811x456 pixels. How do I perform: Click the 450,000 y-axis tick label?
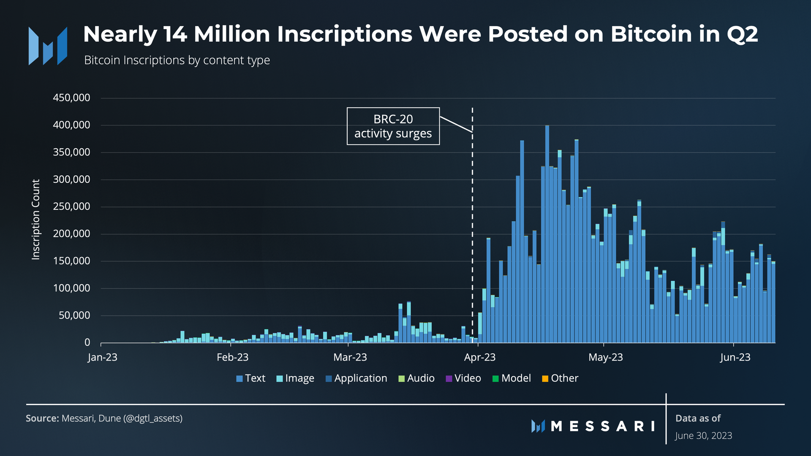(x=71, y=98)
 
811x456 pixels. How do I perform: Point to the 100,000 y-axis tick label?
(x=71, y=288)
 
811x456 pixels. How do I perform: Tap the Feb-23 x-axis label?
(x=232, y=357)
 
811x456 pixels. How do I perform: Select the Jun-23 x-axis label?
(x=735, y=357)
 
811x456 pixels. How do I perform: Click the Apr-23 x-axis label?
(x=479, y=357)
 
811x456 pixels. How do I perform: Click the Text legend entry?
(x=251, y=378)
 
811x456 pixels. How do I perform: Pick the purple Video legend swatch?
(x=449, y=378)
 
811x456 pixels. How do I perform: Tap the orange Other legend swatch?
(x=545, y=378)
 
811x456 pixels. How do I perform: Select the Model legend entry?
(x=512, y=378)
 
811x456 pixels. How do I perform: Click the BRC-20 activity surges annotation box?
(x=393, y=126)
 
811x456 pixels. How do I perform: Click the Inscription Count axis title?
(x=36, y=220)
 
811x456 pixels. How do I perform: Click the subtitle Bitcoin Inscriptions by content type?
(x=177, y=60)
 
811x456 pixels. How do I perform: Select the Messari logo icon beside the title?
(x=48, y=46)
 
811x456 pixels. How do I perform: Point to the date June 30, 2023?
(x=703, y=436)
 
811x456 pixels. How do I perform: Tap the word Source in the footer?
(x=42, y=418)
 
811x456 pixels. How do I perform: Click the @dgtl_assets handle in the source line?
(x=152, y=418)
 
